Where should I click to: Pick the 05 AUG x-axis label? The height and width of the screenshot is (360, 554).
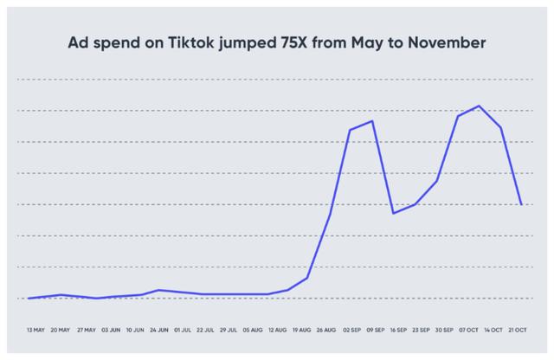[x=254, y=330]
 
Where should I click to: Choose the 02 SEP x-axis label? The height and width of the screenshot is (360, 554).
[x=351, y=330]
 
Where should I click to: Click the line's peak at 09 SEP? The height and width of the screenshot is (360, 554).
[x=372, y=121]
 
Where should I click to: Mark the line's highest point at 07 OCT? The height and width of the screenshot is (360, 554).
[x=479, y=106]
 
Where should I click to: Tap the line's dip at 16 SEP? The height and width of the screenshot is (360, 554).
[x=394, y=213]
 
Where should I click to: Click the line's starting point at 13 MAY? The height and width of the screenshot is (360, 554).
[x=29, y=298]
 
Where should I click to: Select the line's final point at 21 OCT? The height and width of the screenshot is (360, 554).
[x=521, y=204]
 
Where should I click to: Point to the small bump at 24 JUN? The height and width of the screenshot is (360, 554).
[x=158, y=290]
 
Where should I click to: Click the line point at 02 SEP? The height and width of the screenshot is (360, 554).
[x=350, y=130]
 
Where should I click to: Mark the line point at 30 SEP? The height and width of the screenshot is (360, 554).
[x=436, y=180]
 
